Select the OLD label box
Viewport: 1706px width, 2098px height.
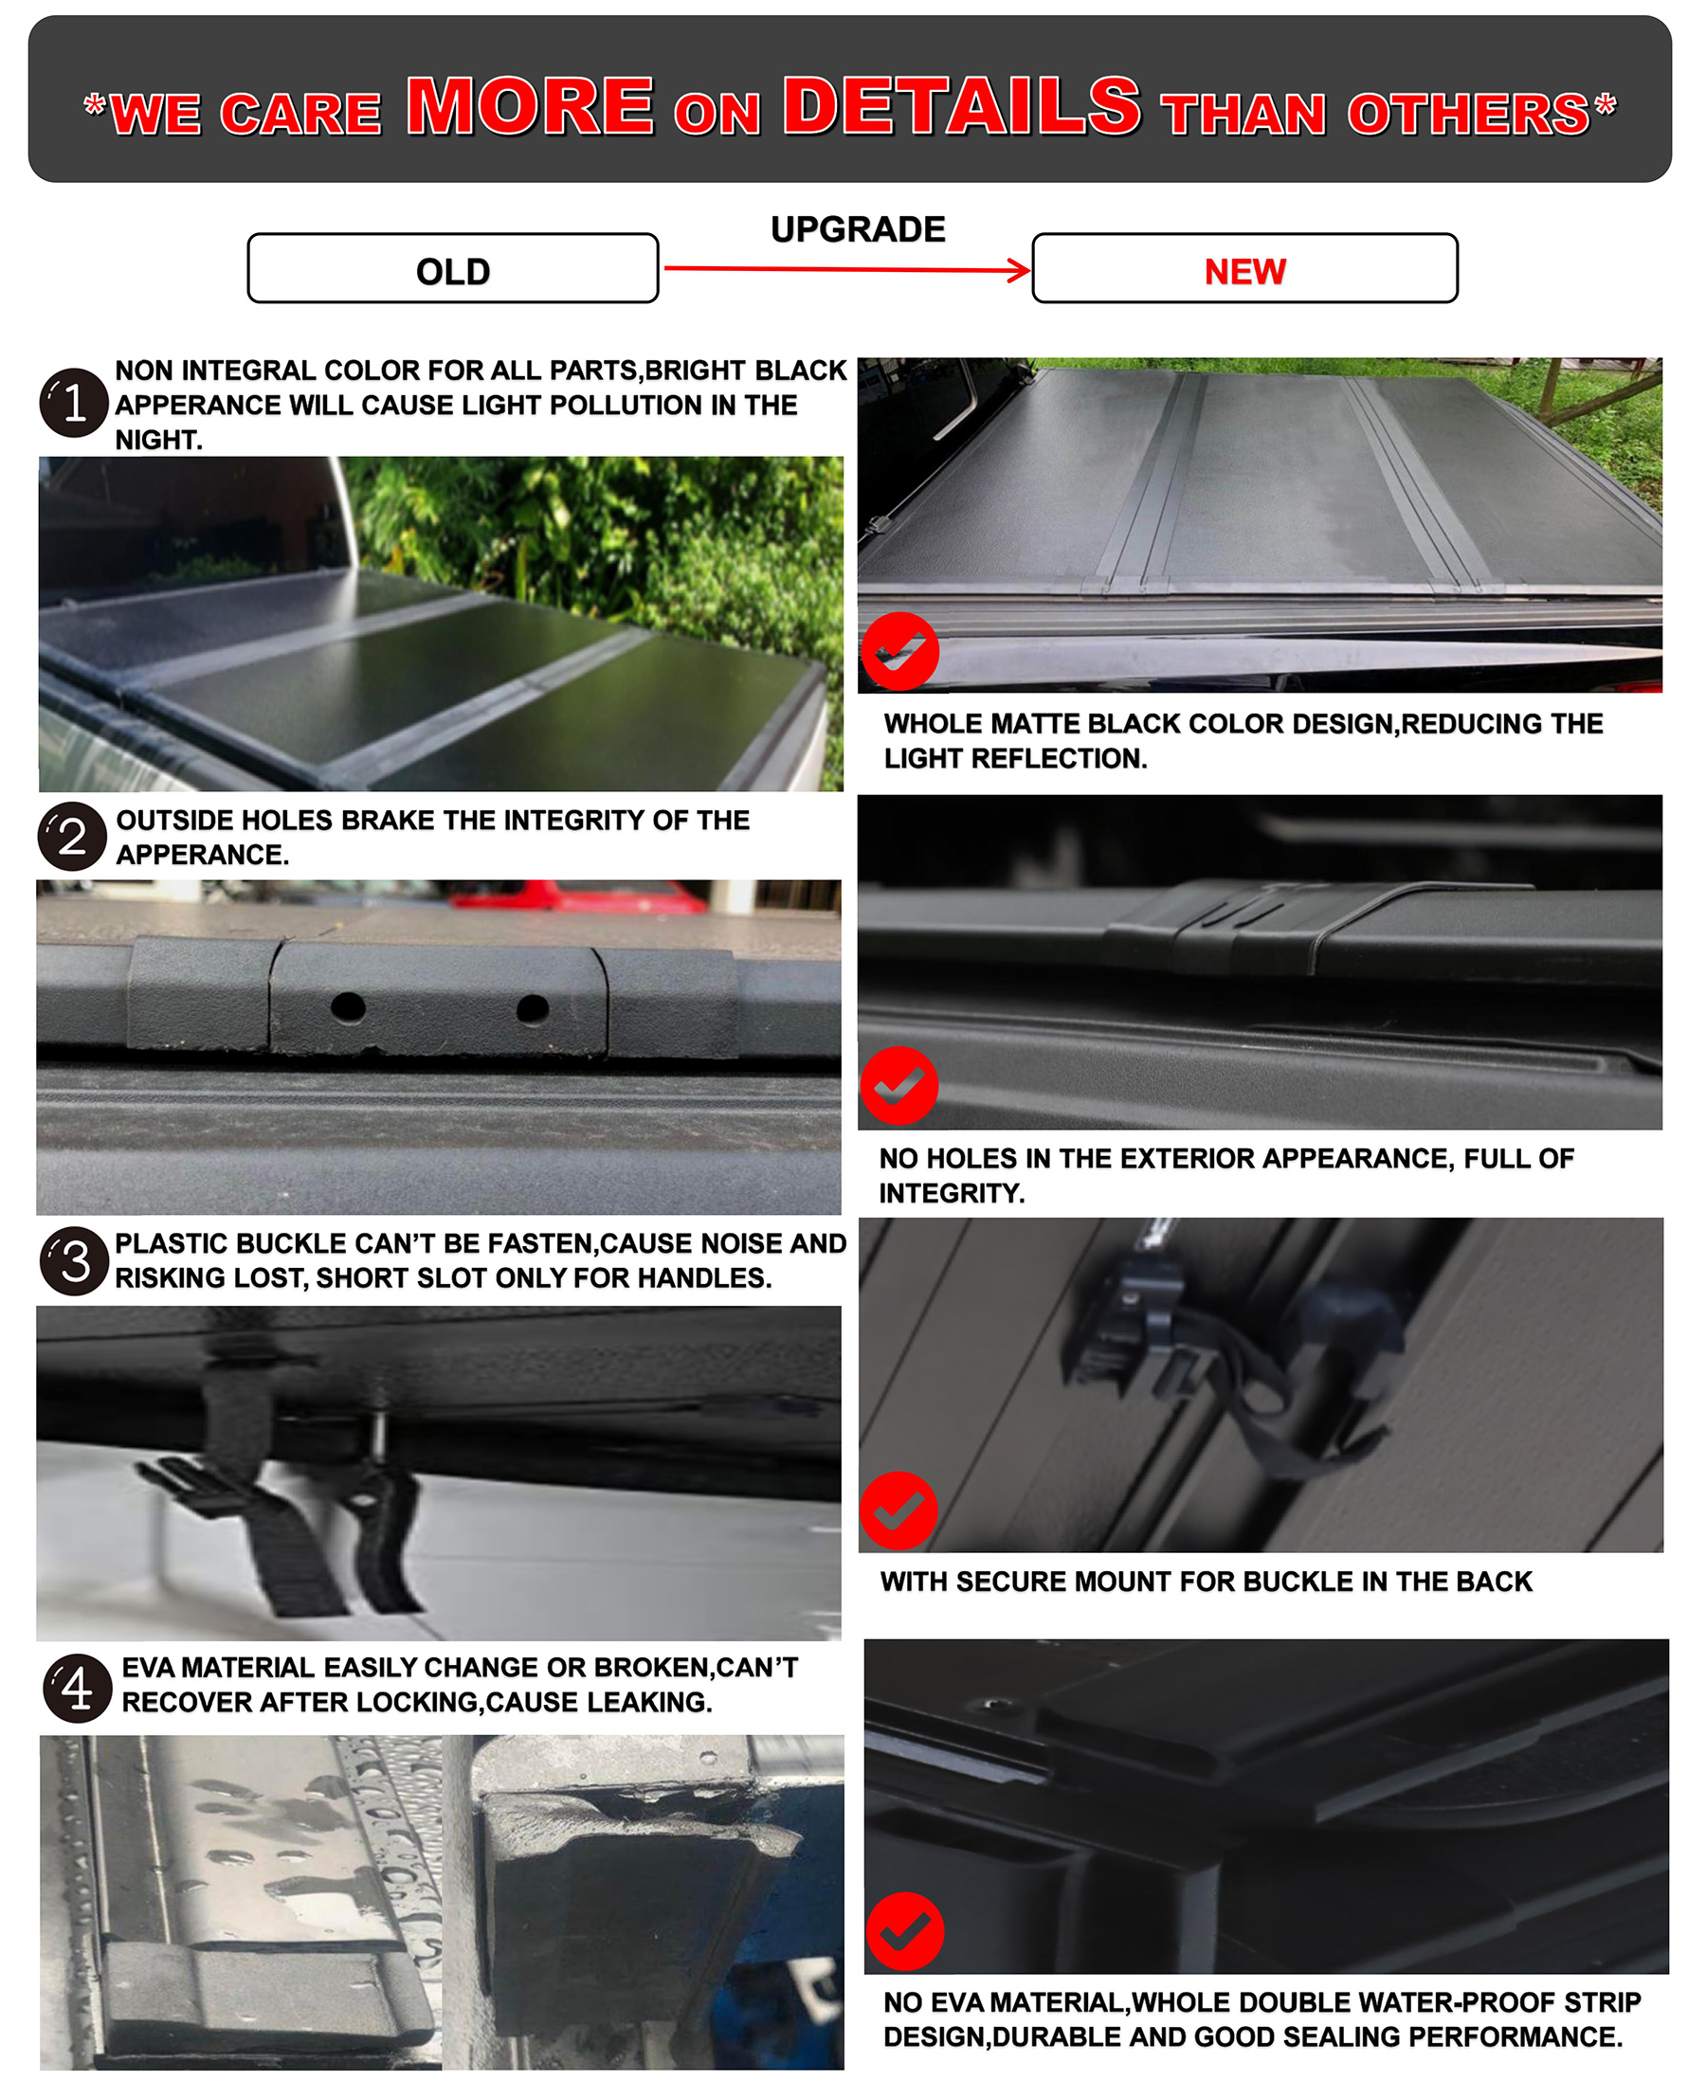pos(453,268)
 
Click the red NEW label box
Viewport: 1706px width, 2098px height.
pos(1245,268)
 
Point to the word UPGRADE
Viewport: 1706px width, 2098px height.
pos(858,229)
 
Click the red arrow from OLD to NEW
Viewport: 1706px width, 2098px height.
pos(847,269)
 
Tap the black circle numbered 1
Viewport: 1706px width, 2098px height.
pos(74,403)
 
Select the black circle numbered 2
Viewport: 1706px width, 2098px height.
pos(73,838)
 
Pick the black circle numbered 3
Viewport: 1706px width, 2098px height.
pos(75,1262)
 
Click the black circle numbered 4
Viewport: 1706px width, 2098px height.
pos(78,1690)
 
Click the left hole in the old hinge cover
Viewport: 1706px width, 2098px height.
pos(348,1007)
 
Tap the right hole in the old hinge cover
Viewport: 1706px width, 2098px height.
pos(533,1008)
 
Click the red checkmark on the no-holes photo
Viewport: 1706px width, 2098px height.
pos(899,1086)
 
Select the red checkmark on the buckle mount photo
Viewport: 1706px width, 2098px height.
pos(899,1511)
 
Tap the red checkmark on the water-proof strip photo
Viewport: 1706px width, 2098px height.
pos(905,1932)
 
